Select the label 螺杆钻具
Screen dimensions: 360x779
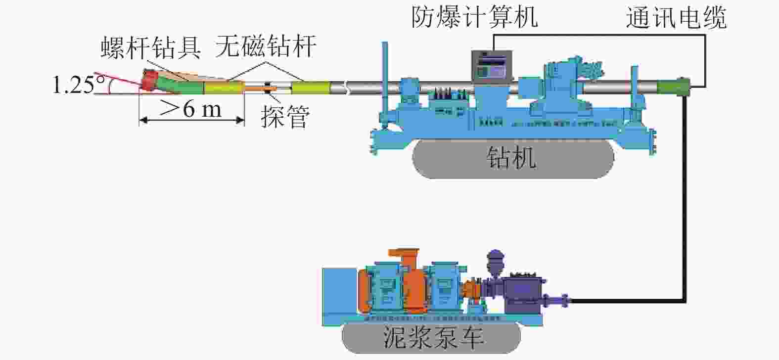pos(151,48)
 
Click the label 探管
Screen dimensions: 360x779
pos(285,117)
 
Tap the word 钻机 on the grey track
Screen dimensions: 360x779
pos(511,158)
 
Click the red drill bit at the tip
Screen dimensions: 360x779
pos(149,80)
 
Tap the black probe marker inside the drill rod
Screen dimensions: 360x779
pos(267,88)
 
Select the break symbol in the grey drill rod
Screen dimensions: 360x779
pos(347,88)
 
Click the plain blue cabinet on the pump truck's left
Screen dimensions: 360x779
pos(339,297)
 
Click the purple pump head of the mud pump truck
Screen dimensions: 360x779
pos(524,289)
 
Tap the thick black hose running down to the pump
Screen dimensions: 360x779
pos(685,198)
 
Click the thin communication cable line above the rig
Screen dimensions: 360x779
pos(594,35)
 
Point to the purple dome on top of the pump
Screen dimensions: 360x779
pos(495,259)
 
